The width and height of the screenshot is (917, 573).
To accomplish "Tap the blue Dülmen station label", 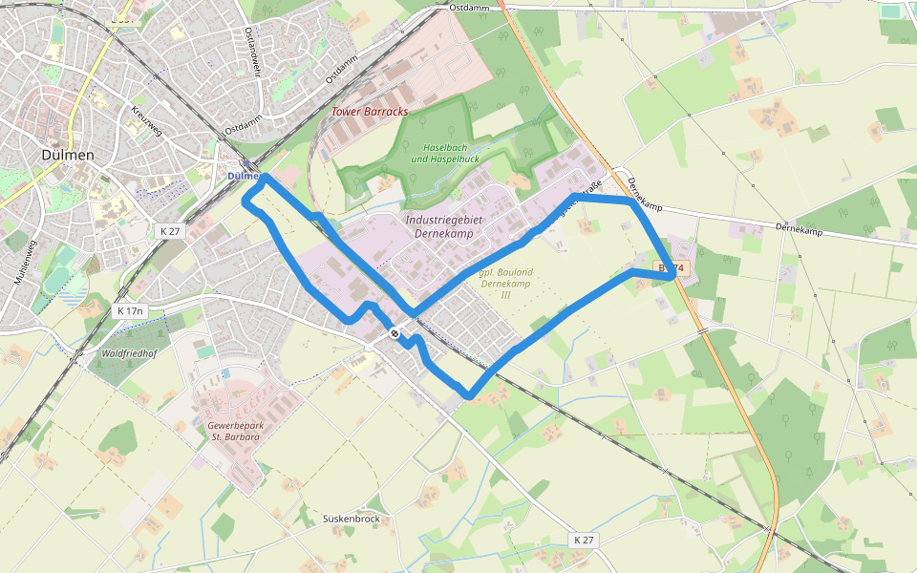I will (x=244, y=177).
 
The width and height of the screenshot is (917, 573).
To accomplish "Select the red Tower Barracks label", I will (x=370, y=112).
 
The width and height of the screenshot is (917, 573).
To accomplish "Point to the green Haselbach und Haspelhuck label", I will (x=445, y=153).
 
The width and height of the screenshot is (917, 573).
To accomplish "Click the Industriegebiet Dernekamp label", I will (x=445, y=226).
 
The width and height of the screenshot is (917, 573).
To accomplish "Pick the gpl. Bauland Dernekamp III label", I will (x=506, y=283).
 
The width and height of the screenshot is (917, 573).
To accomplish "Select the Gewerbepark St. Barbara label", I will (x=234, y=430).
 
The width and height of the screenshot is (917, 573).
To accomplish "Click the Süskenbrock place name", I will (x=352, y=519).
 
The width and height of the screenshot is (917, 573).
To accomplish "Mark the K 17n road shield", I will (x=130, y=310).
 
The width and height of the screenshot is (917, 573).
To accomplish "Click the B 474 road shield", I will (x=673, y=268).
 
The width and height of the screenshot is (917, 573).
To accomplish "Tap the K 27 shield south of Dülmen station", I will (x=170, y=231).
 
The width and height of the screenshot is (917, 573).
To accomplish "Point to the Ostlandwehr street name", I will (x=251, y=48).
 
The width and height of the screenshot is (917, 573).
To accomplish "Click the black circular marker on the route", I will (x=395, y=333).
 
